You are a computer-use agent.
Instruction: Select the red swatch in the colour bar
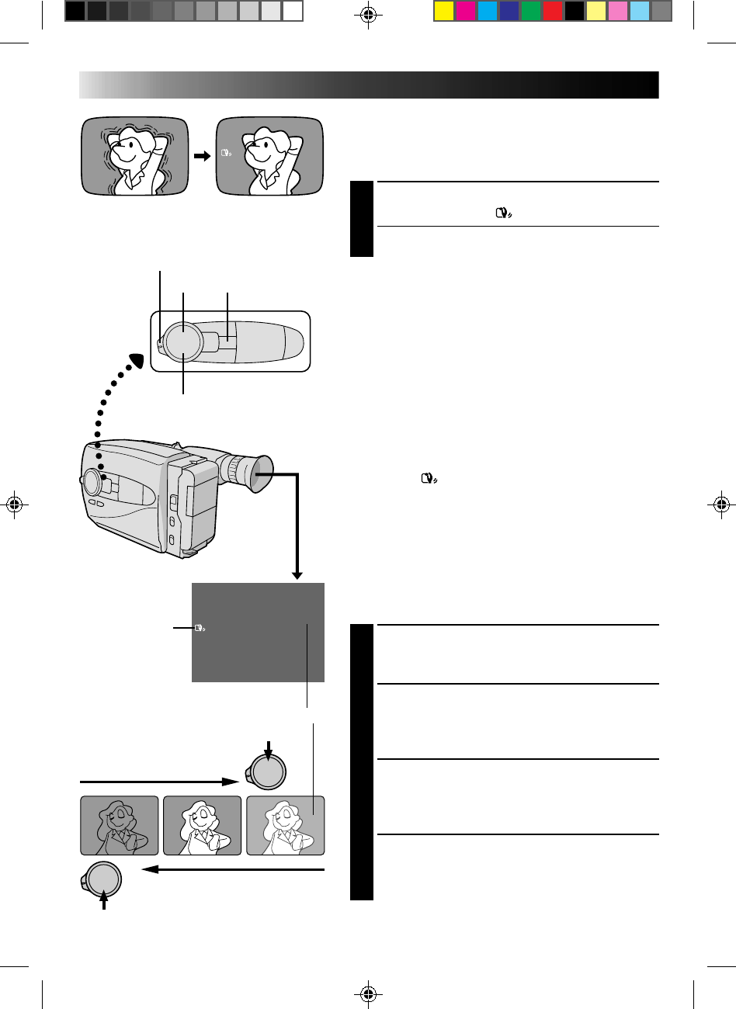pyautogui.click(x=553, y=11)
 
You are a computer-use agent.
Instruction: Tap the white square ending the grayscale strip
pyautogui.click(x=293, y=11)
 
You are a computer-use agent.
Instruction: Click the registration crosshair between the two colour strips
pyautogui.click(x=369, y=14)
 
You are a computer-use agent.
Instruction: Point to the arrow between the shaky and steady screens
pyautogui.click(x=202, y=156)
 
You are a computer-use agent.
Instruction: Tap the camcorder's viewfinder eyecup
pyautogui.click(x=259, y=474)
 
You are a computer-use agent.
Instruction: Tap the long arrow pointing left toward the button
pyautogui.click(x=233, y=871)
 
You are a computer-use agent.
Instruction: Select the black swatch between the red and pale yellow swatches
pyautogui.click(x=575, y=11)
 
